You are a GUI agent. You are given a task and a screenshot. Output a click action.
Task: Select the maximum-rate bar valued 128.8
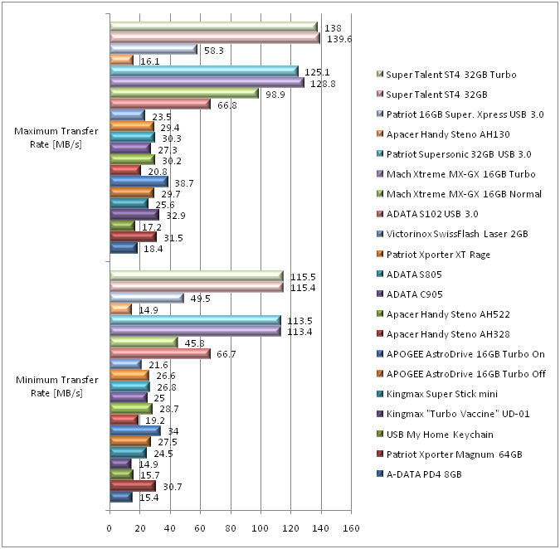[207, 82]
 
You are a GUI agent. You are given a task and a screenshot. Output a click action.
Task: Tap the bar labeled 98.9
[184, 93]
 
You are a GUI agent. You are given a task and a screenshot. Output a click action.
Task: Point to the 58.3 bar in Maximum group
[153, 50]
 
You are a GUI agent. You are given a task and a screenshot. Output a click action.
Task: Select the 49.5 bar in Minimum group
[147, 298]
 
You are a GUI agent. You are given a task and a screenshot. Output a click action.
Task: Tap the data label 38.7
[183, 182]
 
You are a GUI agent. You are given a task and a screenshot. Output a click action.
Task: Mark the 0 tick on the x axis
[110, 527]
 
